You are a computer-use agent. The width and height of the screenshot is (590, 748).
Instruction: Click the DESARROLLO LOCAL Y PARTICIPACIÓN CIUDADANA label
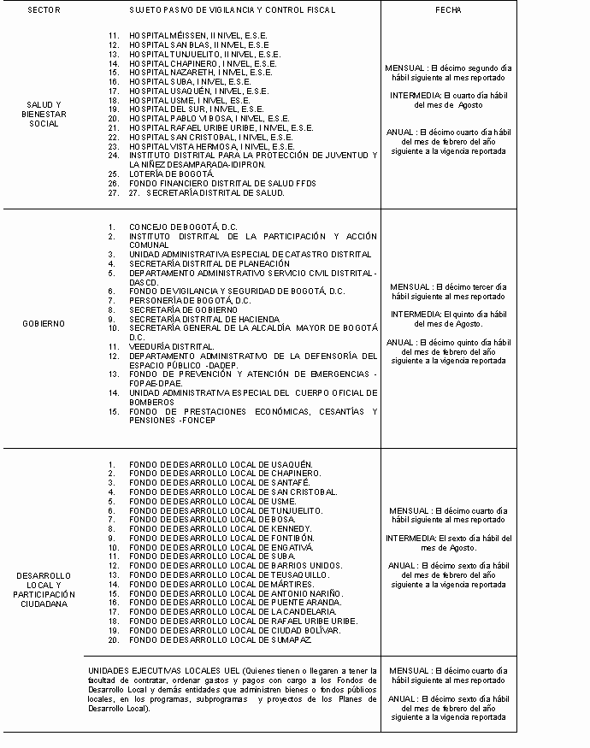pos(44,589)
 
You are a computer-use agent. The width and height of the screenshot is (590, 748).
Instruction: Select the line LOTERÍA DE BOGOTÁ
pos(172,174)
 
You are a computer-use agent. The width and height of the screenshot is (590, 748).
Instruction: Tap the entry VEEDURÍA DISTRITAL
pos(171,346)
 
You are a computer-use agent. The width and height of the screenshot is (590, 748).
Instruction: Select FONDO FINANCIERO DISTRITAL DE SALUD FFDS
pos(222,183)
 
